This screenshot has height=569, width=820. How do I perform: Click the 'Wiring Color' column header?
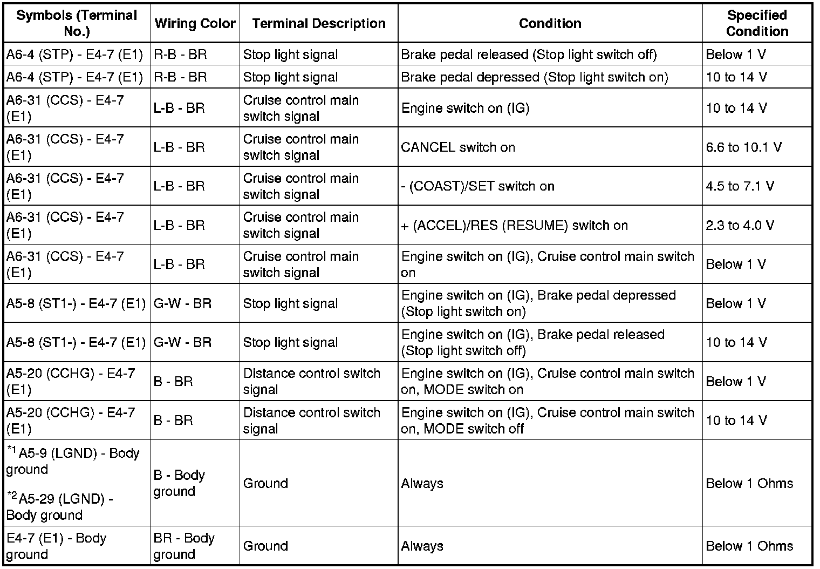pyautogui.click(x=195, y=24)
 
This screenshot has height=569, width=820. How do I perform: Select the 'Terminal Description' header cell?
pyautogui.click(x=318, y=24)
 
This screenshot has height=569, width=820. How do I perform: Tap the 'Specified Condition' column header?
pyautogui.click(x=757, y=23)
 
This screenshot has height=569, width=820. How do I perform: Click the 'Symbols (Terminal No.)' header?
pyautogui.click(x=77, y=23)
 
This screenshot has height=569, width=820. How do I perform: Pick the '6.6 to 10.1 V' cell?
pyautogui.click(x=743, y=147)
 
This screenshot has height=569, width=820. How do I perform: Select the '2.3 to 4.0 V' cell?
pyautogui.click(x=740, y=225)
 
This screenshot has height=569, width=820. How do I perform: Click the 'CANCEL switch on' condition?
pyautogui.click(x=458, y=147)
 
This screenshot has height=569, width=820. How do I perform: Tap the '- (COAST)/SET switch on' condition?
pyautogui.click(x=478, y=186)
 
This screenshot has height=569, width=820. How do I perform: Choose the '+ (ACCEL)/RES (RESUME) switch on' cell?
pyautogui.click(x=515, y=225)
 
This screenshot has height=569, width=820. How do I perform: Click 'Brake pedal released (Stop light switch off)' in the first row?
pyautogui.click(x=529, y=55)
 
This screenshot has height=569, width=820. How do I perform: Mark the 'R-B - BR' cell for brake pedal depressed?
pyautogui.click(x=180, y=77)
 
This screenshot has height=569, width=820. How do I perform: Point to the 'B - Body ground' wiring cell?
pyautogui.click(x=179, y=483)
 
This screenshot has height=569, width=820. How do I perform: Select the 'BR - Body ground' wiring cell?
pyautogui.click(x=184, y=546)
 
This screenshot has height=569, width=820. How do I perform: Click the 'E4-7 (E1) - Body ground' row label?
pyautogui.click(x=56, y=546)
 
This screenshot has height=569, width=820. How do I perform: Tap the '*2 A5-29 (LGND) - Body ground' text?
pyautogui.click(x=59, y=506)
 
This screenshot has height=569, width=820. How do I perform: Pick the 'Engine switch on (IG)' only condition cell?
pyautogui.click(x=465, y=108)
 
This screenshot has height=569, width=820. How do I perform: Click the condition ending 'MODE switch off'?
pyautogui.click(x=548, y=421)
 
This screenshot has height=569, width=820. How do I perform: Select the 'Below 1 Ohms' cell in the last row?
pyautogui.click(x=749, y=546)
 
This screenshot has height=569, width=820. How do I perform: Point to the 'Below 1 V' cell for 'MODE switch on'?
pyautogui.click(x=736, y=382)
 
